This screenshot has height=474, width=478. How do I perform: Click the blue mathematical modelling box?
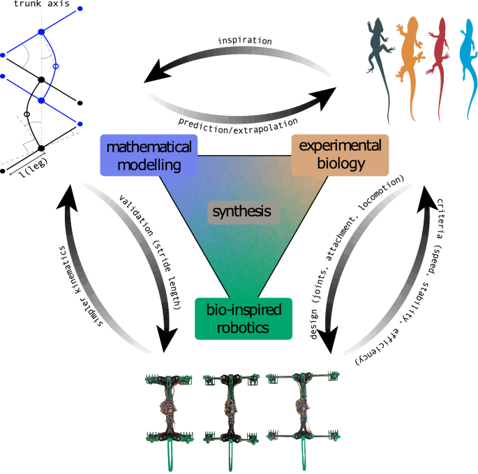tap(149, 154)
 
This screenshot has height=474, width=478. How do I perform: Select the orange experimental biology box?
tap(339, 154)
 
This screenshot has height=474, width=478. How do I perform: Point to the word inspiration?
tap(244, 41)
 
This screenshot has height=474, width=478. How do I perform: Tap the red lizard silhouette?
tap(439, 52)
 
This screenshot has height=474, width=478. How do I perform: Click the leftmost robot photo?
tap(168, 412)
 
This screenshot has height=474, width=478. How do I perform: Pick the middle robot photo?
tap(228, 412)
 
